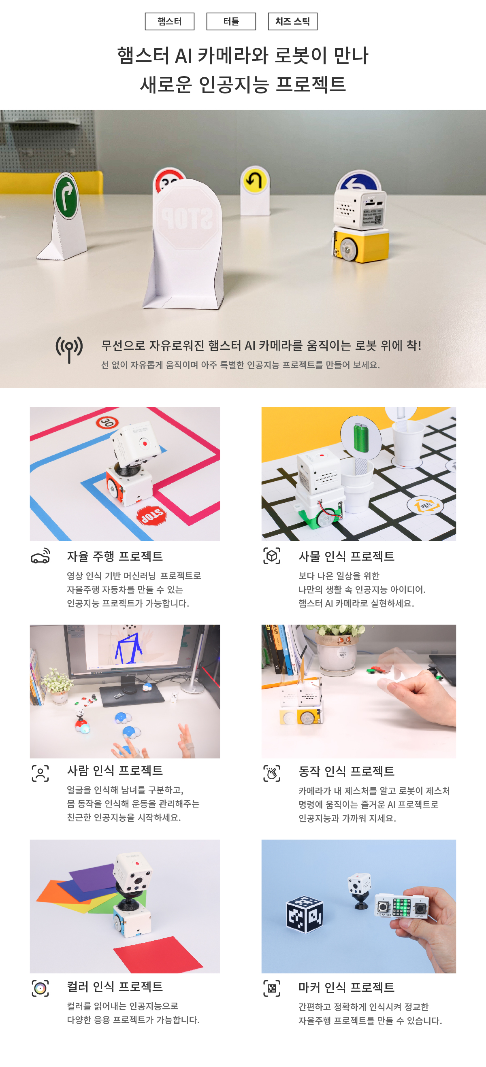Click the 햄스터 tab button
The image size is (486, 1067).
169,21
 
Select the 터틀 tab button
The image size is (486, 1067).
231,21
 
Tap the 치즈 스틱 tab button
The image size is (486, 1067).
292,21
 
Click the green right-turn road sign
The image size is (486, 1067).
66,196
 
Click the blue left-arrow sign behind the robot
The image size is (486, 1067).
358,181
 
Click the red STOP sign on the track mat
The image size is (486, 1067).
151,515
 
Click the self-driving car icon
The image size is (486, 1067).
40,556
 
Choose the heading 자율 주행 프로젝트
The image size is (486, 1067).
115,556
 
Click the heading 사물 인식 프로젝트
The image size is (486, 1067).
346,556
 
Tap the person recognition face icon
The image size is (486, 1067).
40,773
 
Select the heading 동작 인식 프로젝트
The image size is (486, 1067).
346,771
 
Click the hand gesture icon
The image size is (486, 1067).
272,773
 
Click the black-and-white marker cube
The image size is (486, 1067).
305,914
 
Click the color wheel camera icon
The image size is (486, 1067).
40,988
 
